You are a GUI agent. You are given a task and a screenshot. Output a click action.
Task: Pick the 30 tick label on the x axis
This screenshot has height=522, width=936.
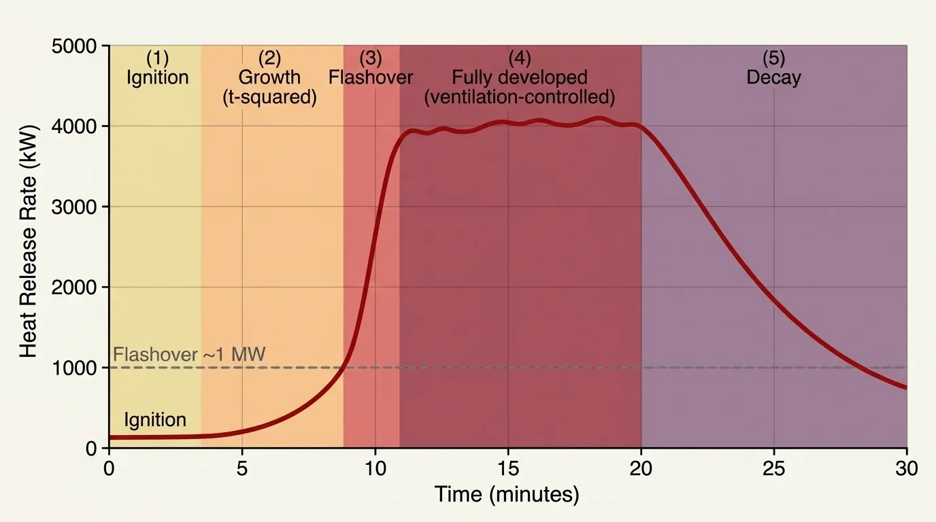(906, 468)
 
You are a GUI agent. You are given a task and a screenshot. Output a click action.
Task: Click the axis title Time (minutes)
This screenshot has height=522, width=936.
(507, 494)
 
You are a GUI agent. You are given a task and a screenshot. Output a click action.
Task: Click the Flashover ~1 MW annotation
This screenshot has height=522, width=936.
(188, 354)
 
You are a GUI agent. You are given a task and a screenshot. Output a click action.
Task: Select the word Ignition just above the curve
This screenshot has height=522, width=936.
(155, 419)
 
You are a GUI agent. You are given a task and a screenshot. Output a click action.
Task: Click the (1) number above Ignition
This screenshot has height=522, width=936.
(157, 58)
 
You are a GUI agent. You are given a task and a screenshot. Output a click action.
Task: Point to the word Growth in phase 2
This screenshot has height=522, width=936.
(269, 77)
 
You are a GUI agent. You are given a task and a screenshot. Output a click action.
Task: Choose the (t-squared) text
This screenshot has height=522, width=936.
(270, 97)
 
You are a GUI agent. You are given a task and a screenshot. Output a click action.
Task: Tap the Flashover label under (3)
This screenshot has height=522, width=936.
(371, 77)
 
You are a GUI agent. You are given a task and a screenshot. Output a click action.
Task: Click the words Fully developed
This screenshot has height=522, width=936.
(519, 77)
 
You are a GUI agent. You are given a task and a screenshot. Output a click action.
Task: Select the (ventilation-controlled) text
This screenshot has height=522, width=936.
(519, 97)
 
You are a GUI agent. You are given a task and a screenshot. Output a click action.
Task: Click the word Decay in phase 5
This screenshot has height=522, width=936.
(773, 77)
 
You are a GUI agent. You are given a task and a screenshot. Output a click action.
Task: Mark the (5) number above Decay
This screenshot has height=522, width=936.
(773, 58)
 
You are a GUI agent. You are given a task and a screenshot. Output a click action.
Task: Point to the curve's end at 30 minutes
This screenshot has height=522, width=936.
(905, 387)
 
